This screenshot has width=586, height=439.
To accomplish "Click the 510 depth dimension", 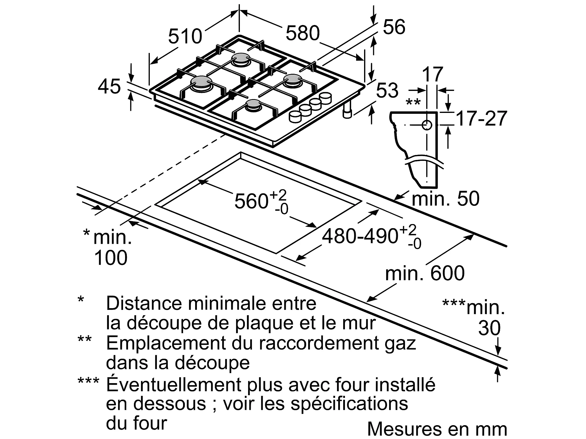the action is pos(185,36).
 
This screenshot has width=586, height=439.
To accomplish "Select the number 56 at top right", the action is pos(394,27).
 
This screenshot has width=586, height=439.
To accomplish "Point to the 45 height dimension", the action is pos(109,86).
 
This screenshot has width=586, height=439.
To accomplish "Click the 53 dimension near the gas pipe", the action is pos(387,90).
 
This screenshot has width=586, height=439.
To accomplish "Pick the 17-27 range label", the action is pos(482,118).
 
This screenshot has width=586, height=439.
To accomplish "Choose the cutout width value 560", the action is pos(251,201).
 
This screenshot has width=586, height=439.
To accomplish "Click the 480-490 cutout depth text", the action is pos(360,236).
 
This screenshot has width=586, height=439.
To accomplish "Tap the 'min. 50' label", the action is pos(445,198).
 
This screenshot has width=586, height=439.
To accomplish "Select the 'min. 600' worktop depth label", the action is pos(425,273).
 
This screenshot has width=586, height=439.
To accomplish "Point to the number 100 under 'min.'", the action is pos(111,258).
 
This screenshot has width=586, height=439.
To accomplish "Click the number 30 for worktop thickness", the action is pos(489,328).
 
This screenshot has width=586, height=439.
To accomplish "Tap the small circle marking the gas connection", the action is pos(427,125).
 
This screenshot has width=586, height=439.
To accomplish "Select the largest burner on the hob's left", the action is pos(200,82).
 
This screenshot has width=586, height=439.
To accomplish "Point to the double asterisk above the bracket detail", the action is pos(413,103).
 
